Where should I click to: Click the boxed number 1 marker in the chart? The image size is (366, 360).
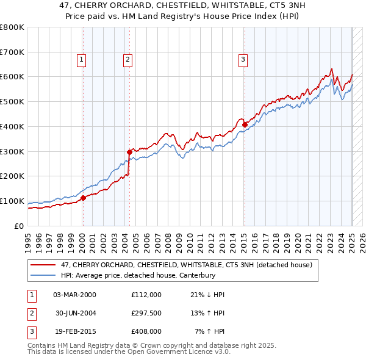coord(81,59)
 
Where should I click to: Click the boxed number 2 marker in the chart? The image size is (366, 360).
coord(127,59)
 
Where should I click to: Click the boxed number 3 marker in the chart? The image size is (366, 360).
coord(243,59)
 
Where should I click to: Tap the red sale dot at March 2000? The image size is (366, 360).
coord(83,198)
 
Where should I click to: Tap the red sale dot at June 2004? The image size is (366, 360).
coord(129,152)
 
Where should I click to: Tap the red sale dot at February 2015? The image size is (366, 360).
coord(245,124)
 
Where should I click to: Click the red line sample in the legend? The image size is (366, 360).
coord(42,265)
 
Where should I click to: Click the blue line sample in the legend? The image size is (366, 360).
coord(42,275)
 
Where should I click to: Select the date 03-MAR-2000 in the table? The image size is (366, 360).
coord(75,294)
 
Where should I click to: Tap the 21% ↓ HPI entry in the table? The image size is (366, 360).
coord(207,294)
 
